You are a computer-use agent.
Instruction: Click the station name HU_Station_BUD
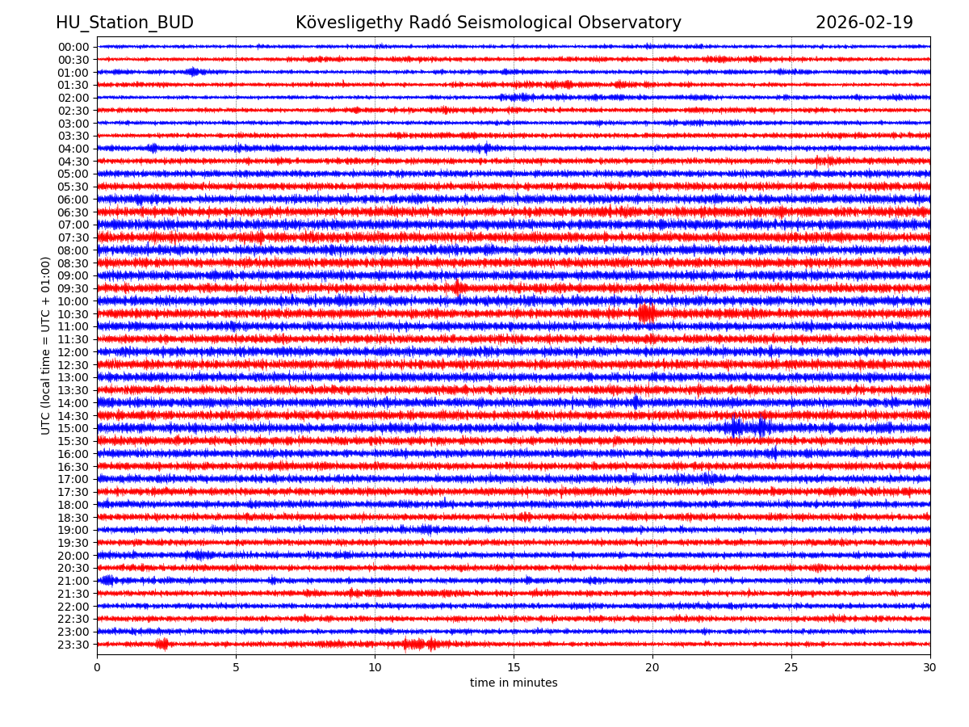tap(124, 23)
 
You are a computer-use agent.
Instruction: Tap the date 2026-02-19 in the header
tap(864, 23)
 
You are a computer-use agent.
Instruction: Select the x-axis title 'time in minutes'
tap(514, 683)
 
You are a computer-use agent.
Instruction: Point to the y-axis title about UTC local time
tap(46, 346)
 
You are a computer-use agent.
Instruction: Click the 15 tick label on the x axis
tap(514, 667)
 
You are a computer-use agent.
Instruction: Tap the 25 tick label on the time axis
tap(791, 667)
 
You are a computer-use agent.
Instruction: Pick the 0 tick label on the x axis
tap(97, 667)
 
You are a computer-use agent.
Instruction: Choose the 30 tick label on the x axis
tap(930, 667)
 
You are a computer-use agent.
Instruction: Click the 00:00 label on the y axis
tap(73, 47)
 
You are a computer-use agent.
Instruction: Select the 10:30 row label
tap(73, 314)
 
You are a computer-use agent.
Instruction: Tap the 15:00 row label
tap(73, 429)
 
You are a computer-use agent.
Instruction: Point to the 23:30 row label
tap(73, 645)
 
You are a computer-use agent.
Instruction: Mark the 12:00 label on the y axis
tap(73, 352)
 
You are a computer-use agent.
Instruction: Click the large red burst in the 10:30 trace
tap(646, 313)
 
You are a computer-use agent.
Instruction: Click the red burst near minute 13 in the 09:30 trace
tap(458, 288)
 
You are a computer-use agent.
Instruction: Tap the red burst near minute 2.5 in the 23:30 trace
tap(163, 644)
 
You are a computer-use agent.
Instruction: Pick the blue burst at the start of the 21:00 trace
tap(107, 580)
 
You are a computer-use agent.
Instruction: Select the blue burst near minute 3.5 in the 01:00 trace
tap(192, 72)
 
